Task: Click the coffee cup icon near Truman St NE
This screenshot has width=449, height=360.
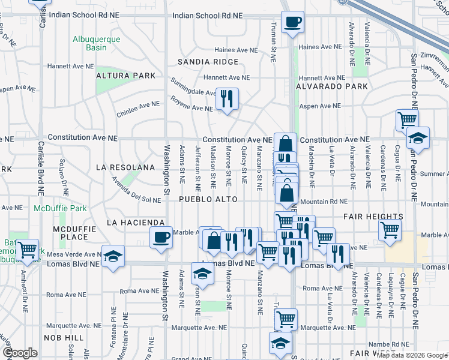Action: pos(292,23)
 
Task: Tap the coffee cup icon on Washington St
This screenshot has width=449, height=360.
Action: pos(161,239)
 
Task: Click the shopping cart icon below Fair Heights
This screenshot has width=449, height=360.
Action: pos(390,229)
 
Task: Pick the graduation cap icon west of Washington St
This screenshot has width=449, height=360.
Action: pos(112,256)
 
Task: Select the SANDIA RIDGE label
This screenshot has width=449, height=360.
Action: pos(207,62)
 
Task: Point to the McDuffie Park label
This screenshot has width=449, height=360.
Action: pos(60,208)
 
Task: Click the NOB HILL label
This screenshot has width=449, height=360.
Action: pos(66,338)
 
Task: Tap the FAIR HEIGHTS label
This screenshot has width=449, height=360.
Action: pos(373,216)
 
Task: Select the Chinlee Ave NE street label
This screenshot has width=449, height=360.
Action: pos(138,107)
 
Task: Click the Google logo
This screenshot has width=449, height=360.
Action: pos(20,353)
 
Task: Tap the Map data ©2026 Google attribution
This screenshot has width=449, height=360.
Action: pos(412,355)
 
